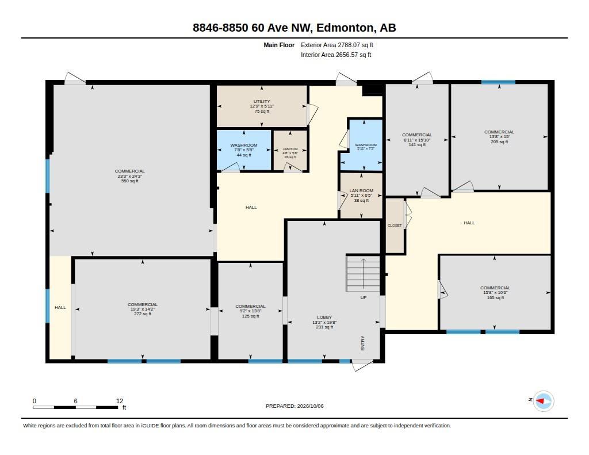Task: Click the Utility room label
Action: [262, 101]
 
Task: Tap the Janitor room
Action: [290, 150]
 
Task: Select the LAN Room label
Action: [361, 190]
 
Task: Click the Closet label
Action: [395, 225]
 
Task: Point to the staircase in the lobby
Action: [363, 273]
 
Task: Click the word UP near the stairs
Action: [364, 297]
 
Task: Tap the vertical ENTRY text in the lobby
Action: [362, 343]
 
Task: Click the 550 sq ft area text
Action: [129, 181]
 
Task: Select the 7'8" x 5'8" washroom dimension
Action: [244, 150]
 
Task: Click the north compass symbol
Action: [543, 402]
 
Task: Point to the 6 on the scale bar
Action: [75, 401]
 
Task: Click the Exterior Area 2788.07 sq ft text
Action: [337, 45]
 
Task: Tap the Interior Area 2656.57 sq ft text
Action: [336, 55]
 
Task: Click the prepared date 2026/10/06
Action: [310, 406]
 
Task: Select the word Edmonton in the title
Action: [345, 28]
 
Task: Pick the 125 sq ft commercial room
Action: [251, 311]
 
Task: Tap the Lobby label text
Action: [324, 317]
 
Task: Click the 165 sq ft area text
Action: [495, 298]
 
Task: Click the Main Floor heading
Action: [279, 45]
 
